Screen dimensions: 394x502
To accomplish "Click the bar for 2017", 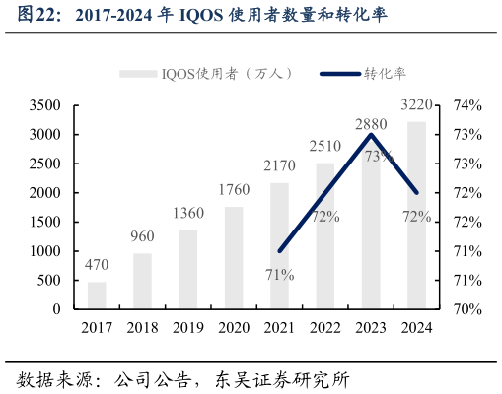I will [97, 295].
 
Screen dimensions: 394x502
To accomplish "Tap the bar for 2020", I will [234, 258].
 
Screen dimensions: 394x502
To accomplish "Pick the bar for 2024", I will [416, 216].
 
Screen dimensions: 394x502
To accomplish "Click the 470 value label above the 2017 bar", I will [97, 265].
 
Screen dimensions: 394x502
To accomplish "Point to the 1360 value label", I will [188, 213].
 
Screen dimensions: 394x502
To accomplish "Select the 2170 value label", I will [279, 165].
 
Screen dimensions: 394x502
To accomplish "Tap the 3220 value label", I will [416, 104].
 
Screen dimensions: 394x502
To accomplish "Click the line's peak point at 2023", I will [371, 134].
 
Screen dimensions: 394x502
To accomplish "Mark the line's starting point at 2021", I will [280, 251].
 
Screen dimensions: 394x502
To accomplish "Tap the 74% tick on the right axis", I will [466, 105].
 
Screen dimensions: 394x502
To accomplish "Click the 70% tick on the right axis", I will [466, 309].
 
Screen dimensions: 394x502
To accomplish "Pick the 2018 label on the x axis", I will [142, 328].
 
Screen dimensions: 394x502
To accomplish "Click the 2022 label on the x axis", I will [325, 328].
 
